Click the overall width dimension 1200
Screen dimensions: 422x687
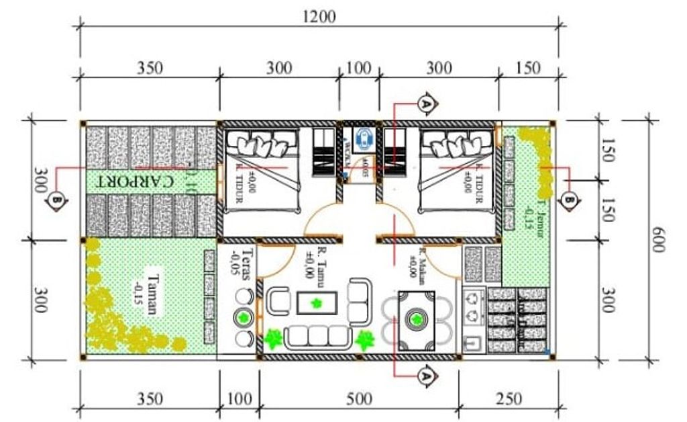tap(319, 16)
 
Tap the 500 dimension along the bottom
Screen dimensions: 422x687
tap(359, 398)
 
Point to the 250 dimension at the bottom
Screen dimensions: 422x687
tap(509, 398)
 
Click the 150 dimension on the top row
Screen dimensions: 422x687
tap(528, 67)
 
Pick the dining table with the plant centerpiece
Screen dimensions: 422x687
tap(416, 320)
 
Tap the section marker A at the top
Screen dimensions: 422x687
tap(425, 103)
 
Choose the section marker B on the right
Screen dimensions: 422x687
tap(570, 200)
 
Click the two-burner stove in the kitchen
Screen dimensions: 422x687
tap(474, 306)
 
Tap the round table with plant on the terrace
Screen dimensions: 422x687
tap(243, 317)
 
